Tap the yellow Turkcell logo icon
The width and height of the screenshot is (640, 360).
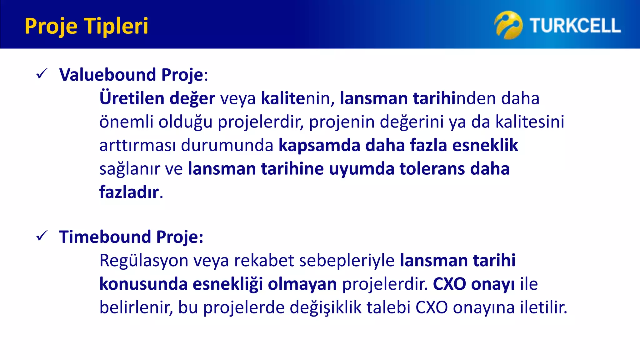508,25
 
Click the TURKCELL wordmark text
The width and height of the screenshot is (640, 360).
575,26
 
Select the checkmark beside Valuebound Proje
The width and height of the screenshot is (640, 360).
42,74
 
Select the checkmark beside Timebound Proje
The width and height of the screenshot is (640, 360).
42,236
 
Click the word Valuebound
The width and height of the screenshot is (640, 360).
107,75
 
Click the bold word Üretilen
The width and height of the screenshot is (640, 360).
132,98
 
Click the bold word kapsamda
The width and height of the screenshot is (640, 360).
319,145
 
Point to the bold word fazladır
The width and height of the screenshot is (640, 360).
129,192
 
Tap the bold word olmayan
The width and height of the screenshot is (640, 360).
302,284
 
